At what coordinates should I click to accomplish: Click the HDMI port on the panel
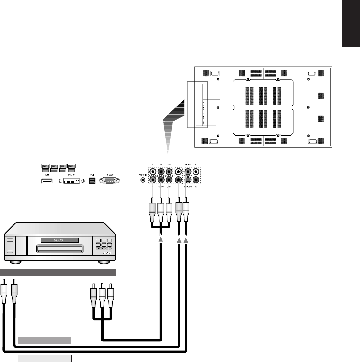click(x=46, y=181)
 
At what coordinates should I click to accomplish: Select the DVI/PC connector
click(x=69, y=181)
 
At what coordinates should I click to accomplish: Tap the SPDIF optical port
click(x=92, y=181)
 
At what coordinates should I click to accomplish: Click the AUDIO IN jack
click(x=143, y=180)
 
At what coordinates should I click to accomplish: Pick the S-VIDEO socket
click(x=188, y=180)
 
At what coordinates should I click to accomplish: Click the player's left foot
click(x=16, y=262)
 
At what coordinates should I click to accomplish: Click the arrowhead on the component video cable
click(x=161, y=240)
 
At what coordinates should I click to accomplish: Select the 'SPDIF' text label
click(x=92, y=174)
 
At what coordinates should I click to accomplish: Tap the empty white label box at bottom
click(x=45, y=358)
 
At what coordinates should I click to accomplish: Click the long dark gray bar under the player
click(x=58, y=272)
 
